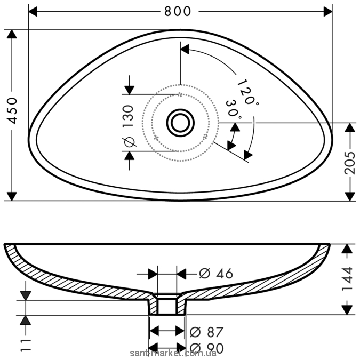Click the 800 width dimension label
pos(178,11)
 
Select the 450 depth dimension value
pos(12,110)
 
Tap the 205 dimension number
pos(350,163)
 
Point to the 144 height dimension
pos(347,278)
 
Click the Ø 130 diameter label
pos(129,125)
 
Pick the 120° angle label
pos(247,92)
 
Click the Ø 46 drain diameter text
pos(216,274)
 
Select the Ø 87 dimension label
pos(206,332)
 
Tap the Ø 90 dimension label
pos(206,348)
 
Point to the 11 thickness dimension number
pos(26,345)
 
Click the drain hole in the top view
pos(180,123)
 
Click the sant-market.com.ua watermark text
pos(173,353)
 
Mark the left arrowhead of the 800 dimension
pos(33,12)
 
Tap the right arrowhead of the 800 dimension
pos(328,12)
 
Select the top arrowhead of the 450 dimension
pos(12,34)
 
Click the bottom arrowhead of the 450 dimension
pos(12,196)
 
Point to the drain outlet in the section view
pos(167,304)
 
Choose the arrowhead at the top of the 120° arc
pos(185,49)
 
